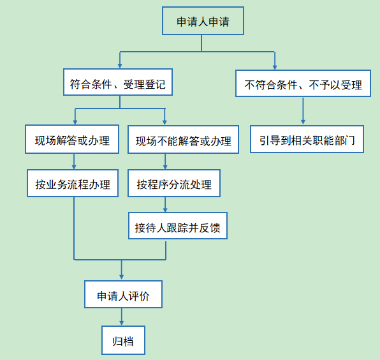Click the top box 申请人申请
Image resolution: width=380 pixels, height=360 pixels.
(203, 20)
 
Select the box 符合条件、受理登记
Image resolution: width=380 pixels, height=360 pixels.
(118, 82)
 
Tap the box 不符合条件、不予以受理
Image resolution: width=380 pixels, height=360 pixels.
(303, 84)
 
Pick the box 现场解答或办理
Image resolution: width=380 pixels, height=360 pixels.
(72, 139)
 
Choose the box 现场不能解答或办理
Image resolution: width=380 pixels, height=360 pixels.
(183, 140)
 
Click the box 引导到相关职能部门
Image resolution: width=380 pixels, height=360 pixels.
(307, 139)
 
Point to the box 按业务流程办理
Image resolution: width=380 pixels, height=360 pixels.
(73, 183)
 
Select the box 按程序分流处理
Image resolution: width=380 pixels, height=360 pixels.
(174, 183)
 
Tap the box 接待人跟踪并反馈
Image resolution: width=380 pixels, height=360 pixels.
(178, 226)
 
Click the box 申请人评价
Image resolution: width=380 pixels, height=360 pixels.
(123, 294)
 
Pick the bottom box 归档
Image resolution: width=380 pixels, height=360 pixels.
(123, 340)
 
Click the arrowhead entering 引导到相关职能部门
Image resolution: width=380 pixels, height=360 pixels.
(303, 122)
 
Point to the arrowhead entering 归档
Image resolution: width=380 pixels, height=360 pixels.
(121, 322)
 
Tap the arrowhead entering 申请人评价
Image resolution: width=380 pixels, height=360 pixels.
(121, 277)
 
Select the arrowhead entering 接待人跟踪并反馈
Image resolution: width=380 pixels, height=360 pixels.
(165, 209)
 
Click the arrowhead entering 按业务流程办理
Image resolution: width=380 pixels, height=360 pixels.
(74, 167)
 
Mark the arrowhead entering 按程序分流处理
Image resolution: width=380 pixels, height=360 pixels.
(165, 167)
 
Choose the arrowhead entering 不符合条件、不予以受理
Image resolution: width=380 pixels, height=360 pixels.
(275, 67)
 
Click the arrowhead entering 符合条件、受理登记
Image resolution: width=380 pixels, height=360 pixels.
(120, 66)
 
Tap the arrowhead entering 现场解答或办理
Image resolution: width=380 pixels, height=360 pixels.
(75, 122)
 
